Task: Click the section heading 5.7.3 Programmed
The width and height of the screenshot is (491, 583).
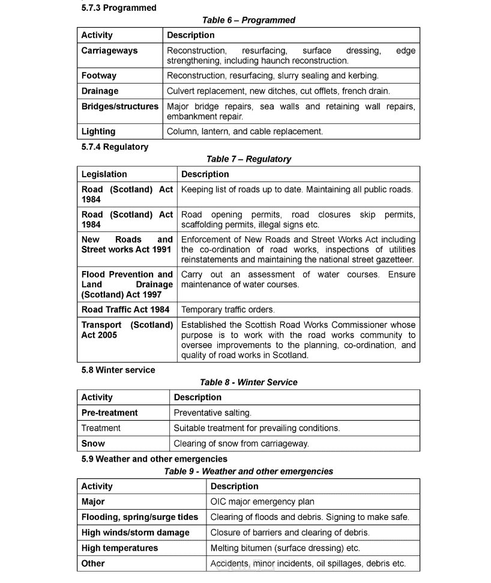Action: pyautogui.click(x=119, y=8)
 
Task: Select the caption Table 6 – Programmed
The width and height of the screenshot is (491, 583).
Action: pyautogui.click(x=249, y=20)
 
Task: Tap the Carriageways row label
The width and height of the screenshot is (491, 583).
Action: pyautogui.click(x=109, y=50)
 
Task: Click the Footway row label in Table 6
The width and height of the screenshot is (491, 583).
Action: pyautogui.click(x=99, y=76)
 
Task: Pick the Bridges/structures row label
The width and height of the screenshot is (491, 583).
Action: pyautogui.click(x=120, y=106)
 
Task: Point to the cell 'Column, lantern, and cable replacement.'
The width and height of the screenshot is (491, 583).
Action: pyautogui.click(x=244, y=131)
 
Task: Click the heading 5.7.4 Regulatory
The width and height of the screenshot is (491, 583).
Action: pyautogui.click(x=115, y=147)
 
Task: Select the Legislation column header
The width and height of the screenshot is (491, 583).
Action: pyautogui.click(x=104, y=174)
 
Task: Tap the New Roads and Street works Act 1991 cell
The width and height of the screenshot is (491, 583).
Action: pyautogui.click(x=127, y=244)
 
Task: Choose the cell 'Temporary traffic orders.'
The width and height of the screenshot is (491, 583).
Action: pyautogui.click(x=228, y=310)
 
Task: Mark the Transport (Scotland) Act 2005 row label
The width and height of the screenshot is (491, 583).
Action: pyautogui.click(x=127, y=330)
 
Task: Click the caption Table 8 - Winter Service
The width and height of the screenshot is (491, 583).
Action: pyautogui.click(x=249, y=382)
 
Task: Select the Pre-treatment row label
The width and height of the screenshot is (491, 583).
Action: pyautogui.click(x=109, y=413)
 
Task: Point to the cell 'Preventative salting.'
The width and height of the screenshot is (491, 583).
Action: pyautogui.click(x=212, y=413)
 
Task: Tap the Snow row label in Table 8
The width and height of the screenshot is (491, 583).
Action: pyautogui.click(x=93, y=444)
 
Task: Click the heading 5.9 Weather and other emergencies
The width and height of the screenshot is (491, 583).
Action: pyautogui.click(x=154, y=459)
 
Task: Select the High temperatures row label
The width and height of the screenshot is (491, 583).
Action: pyautogui.click(x=119, y=548)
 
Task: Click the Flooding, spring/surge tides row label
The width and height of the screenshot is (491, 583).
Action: pyautogui.click(x=140, y=517)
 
